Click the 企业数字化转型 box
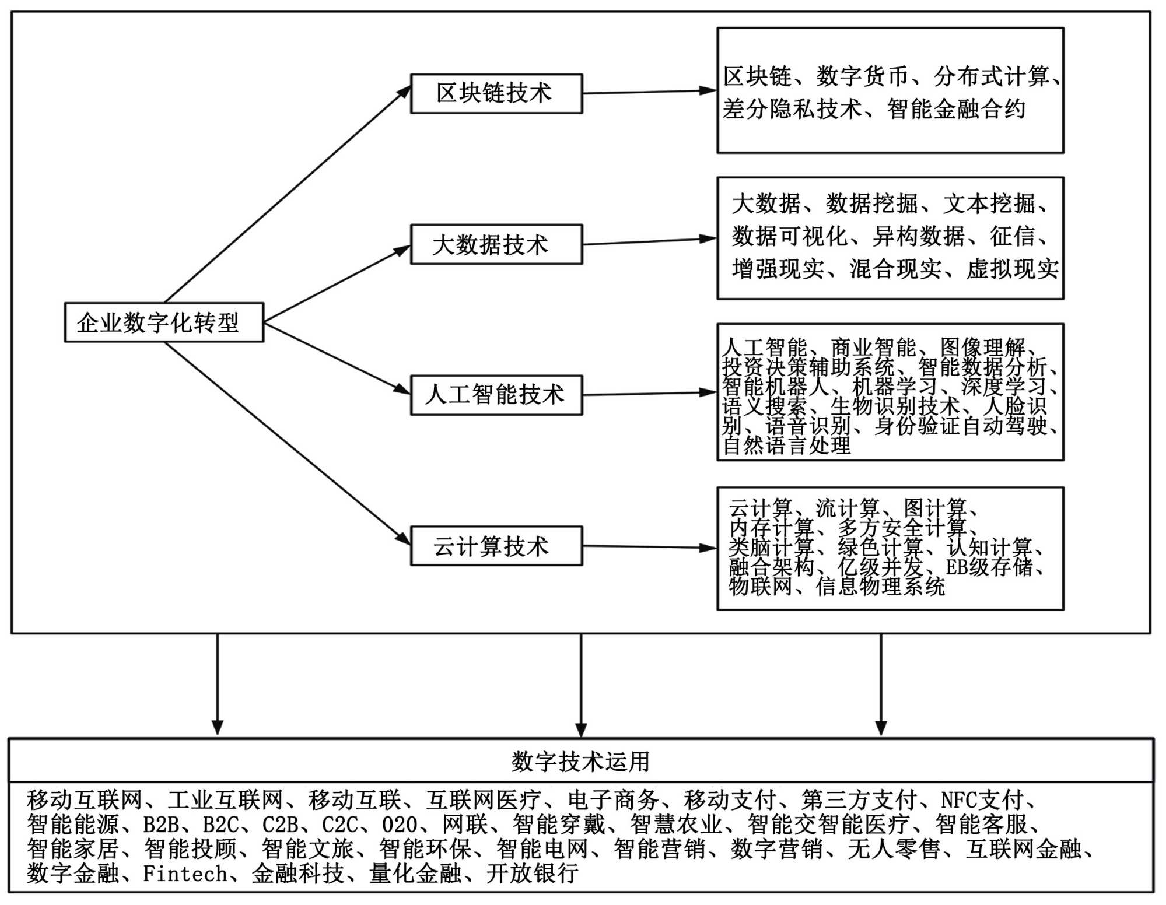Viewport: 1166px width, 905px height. [164, 322]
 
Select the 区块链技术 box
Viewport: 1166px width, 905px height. [496, 93]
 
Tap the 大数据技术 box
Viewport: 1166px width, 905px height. [496, 244]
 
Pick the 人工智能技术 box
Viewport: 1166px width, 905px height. [496, 395]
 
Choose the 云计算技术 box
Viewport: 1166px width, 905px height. [496, 546]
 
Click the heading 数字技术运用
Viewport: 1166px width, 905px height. [580, 761]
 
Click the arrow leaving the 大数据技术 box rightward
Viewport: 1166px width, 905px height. [649, 241]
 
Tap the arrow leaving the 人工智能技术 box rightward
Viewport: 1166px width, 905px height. [649, 394]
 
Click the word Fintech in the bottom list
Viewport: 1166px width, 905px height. [185, 874]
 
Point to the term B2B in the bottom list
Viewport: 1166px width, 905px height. [161, 825]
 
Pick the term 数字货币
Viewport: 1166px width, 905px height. [862, 76]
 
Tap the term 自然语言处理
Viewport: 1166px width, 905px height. [787, 446]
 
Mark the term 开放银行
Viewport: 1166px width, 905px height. [532, 874]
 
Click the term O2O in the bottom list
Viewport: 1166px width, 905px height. [400, 825]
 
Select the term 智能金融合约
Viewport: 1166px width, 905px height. [956, 109]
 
